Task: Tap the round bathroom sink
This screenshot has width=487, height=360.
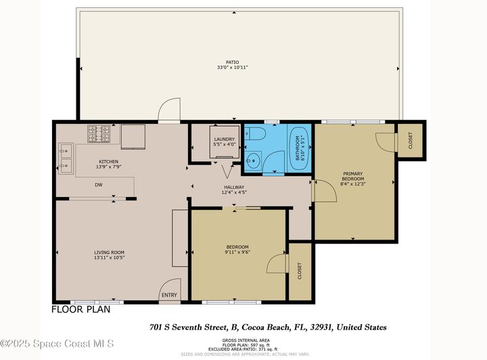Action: (252, 161)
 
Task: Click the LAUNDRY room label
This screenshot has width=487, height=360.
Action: (223, 139)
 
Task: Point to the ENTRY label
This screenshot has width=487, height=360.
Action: (168, 295)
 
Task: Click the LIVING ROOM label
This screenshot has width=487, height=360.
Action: (110, 252)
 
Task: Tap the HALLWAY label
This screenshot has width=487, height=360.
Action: (234, 187)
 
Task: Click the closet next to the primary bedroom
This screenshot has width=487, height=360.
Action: (411, 140)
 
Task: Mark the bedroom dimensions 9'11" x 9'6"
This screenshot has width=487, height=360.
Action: (237, 252)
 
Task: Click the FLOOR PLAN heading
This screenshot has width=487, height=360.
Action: (81, 309)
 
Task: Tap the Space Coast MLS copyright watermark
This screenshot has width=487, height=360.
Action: (57, 344)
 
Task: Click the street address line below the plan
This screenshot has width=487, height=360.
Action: (273, 326)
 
